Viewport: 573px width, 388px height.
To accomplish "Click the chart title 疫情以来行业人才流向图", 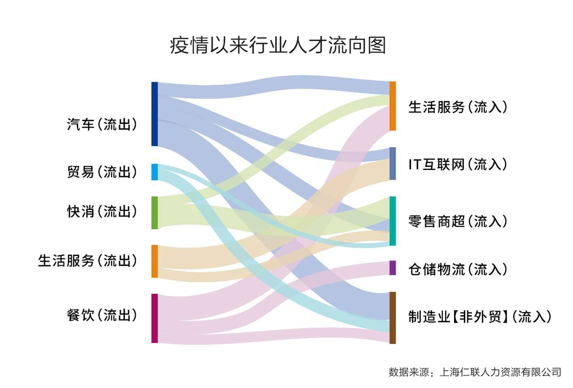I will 278,47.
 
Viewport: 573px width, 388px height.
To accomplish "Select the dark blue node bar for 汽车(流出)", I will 154,114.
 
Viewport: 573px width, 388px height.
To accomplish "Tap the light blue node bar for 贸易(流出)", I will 154,172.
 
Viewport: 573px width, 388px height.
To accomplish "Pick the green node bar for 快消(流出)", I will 154,213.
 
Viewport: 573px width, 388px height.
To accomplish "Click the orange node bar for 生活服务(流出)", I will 154,261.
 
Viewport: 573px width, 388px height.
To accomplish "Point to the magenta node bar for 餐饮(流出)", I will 154,318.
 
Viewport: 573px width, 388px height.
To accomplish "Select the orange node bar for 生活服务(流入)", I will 392,106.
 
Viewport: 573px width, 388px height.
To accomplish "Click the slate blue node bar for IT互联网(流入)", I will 392,163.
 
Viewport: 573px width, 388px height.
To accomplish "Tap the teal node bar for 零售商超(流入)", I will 392,221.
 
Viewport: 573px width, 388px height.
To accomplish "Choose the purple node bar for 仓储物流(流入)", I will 392,268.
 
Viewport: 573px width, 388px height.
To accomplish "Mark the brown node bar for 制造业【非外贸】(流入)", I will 392,318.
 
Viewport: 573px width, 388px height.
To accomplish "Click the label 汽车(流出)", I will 102,125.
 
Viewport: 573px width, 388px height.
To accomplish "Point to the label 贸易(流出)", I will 102,172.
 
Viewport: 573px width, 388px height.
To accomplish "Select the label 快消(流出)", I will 102,212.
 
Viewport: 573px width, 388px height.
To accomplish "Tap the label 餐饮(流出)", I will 102,315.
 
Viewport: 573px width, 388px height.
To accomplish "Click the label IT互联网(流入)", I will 457,165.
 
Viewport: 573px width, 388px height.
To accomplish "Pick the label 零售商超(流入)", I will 457,221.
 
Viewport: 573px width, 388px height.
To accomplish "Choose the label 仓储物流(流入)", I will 457,269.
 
